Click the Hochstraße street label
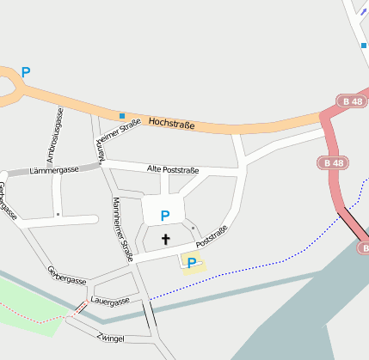[171, 125]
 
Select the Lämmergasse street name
[53, 170]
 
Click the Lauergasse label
[109, 301]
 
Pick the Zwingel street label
[111, 338]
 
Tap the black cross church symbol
[165, 239]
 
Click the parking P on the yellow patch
[192, 263]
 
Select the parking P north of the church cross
[165, 215]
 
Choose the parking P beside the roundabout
[26, 72]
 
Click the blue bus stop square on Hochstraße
[122, 115]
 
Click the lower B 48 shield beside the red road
[335, 162]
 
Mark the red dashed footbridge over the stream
[79, 307]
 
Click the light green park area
[26, 305]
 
